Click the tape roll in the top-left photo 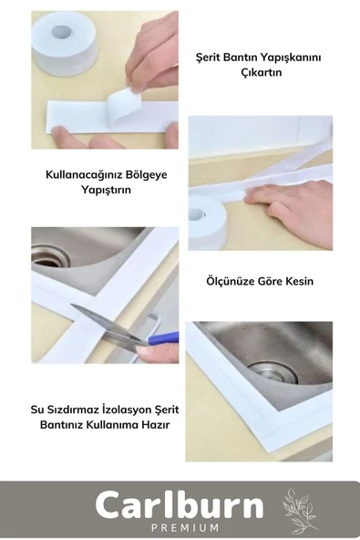[x=63, y=42]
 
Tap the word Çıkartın [x=258, y=73]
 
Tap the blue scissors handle [x=162, y=338]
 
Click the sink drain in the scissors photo [x=50, y=256]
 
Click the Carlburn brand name [x=180, y=504]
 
